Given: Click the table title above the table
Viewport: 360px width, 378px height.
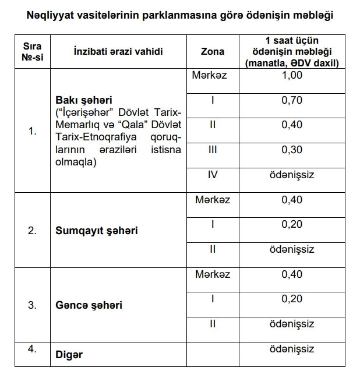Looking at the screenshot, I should [179, 14].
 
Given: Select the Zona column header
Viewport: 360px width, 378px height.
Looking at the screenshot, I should [212, 51].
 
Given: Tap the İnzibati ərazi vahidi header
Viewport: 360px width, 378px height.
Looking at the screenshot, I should [118, 51].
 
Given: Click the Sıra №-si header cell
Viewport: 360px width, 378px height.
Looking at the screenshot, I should [32, 51].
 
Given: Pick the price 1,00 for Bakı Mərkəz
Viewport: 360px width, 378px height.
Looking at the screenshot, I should [292, 76].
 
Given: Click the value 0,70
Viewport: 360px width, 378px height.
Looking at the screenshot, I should [292, 100].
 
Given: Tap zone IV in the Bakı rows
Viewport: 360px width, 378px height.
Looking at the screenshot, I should [212, 174].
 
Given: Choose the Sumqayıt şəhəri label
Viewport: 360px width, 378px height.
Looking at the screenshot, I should [96, 231].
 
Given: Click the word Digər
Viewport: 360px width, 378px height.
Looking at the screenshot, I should [69, 355].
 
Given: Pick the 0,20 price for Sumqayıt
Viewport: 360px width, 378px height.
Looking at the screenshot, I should [292, 224].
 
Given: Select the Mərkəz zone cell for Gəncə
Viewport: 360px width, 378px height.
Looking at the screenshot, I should [213, 274].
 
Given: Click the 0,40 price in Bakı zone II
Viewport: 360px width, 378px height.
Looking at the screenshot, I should [292, 125].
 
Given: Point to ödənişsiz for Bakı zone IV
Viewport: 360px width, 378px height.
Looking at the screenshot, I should [292, 174].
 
